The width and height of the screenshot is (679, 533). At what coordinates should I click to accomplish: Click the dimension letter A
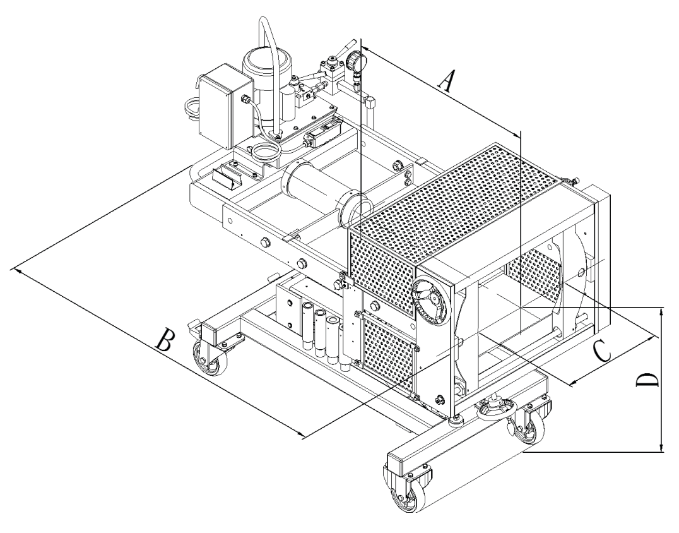447,82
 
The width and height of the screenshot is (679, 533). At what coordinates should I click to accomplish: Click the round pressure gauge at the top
355,61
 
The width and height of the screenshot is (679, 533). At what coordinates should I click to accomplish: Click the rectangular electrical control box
216,110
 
